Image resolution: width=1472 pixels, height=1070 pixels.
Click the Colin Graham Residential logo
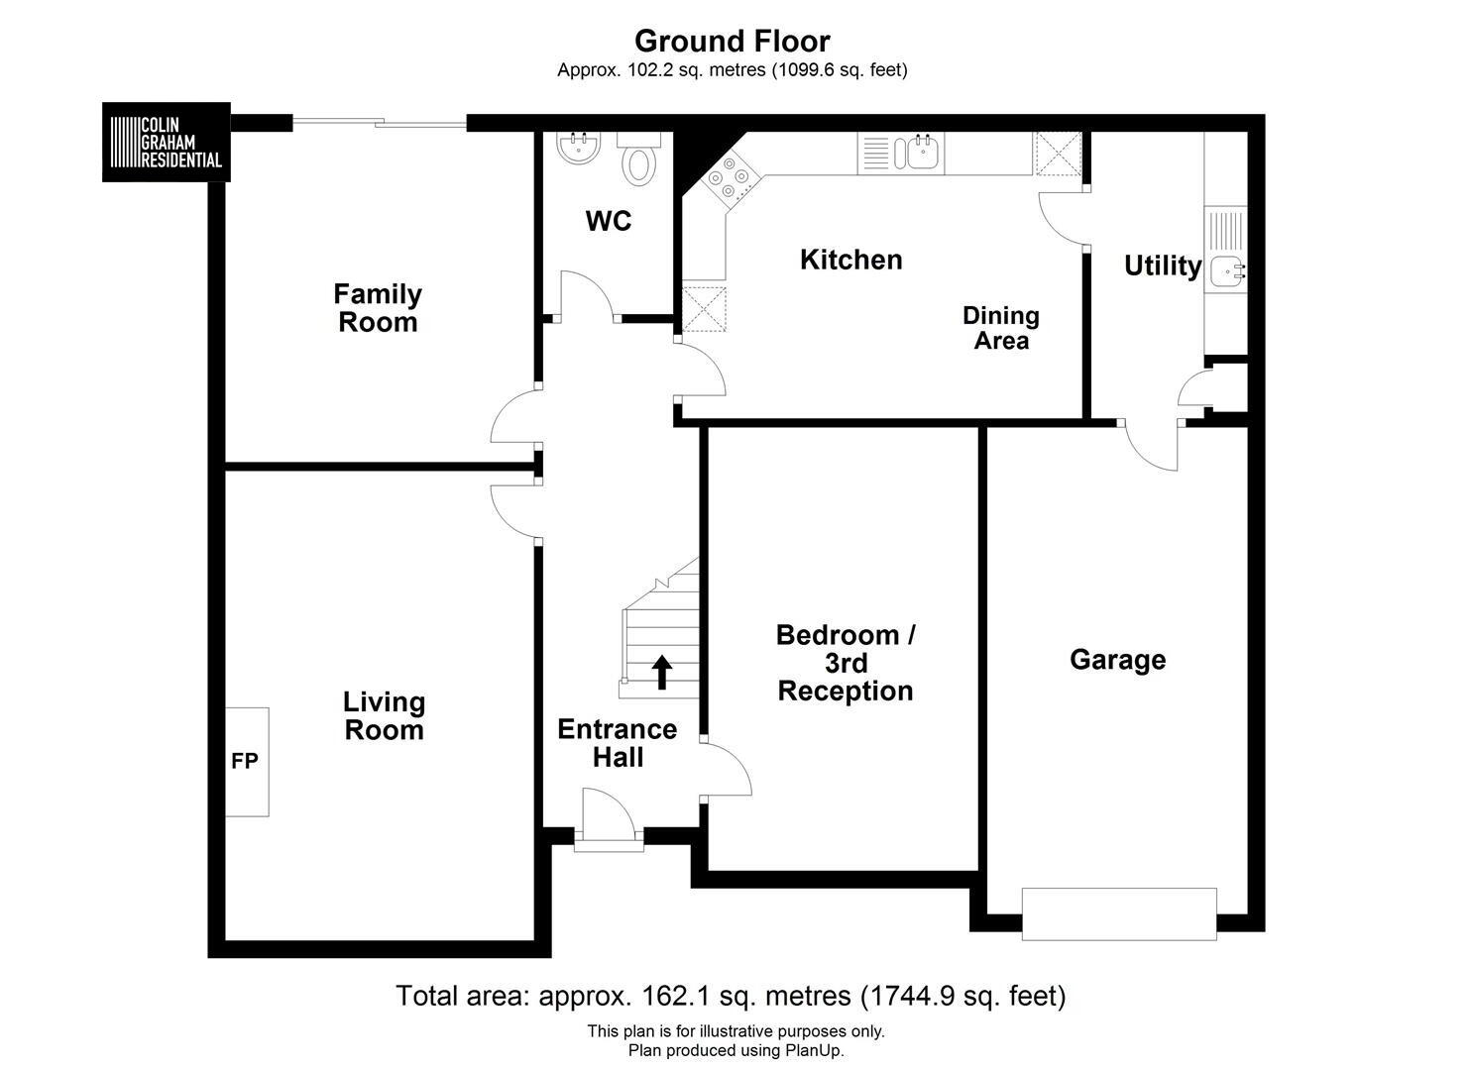[167, 142]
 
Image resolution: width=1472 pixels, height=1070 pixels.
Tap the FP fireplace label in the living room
[245, 761]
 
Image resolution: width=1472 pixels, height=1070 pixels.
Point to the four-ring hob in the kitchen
[729, 178]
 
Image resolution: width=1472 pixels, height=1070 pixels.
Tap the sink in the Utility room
[1226, 269]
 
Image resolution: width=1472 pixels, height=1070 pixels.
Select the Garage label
[1118, 660]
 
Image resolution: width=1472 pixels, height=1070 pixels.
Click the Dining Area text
[1001, 328]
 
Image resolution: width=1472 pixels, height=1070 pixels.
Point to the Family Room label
[378, 308]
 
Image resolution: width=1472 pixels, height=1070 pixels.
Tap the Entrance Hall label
[618, 743]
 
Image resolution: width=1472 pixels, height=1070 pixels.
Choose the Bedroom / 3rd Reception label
[846, 664]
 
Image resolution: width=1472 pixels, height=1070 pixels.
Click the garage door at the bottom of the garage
[1119, 913]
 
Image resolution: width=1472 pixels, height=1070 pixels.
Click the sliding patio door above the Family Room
[380, 122]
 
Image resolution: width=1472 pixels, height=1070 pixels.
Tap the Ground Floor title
[733, 41]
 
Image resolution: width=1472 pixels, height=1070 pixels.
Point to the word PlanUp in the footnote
[812, 1050]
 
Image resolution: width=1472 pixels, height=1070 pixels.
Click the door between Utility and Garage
[1151, 446]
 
